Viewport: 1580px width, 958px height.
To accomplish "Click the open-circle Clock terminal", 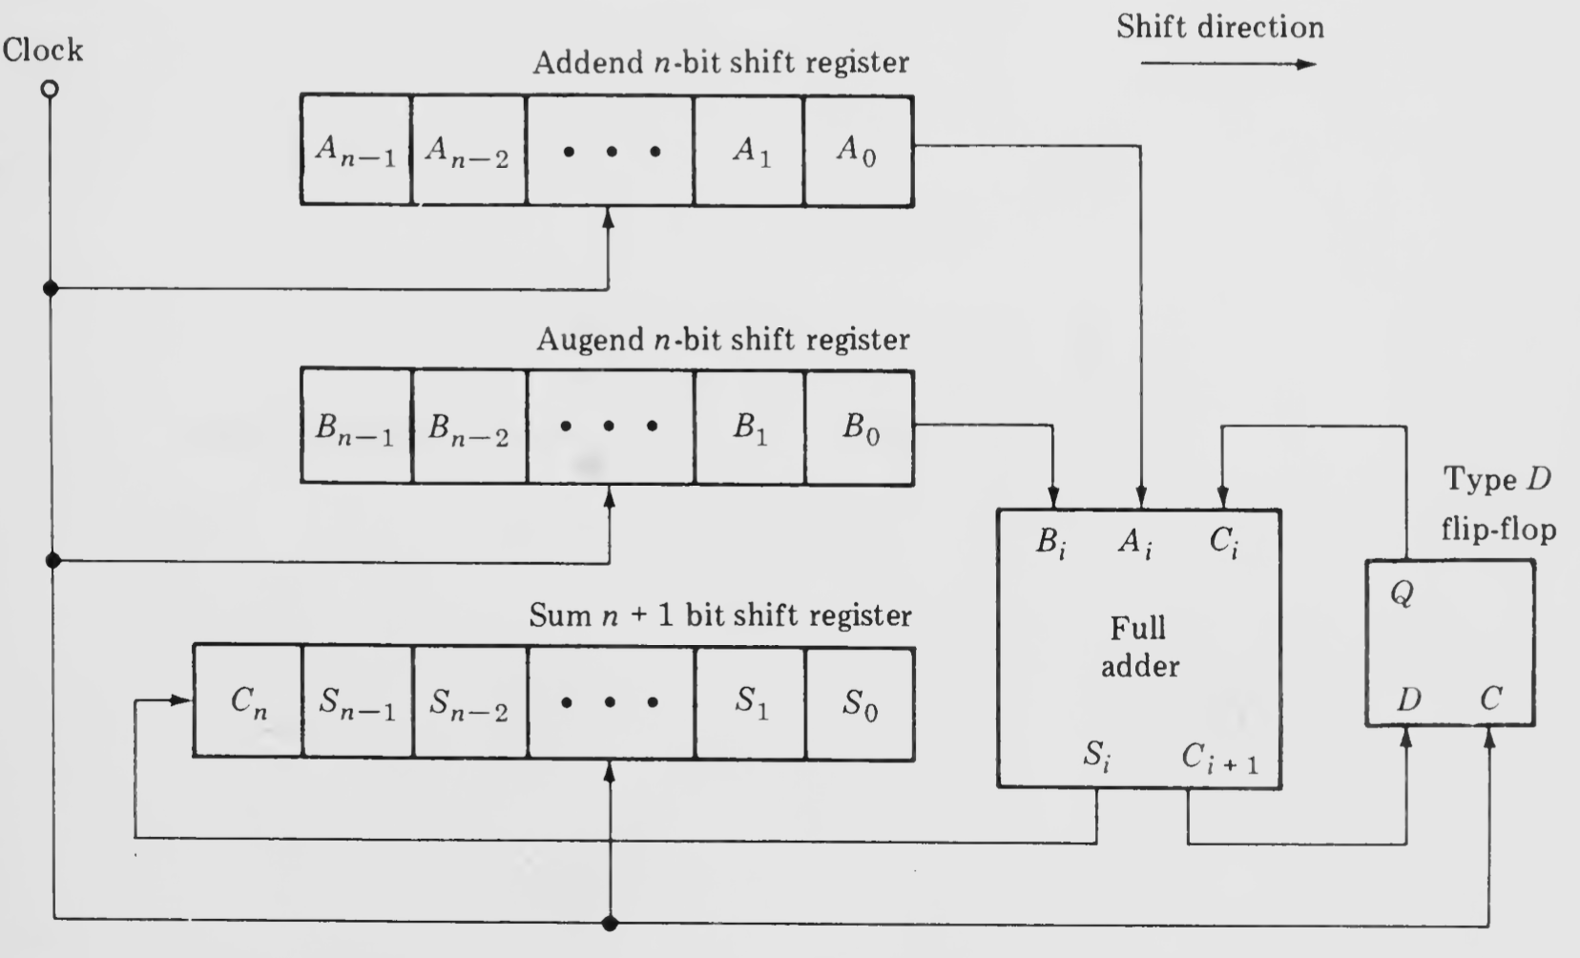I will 50,89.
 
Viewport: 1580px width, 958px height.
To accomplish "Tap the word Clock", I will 43,50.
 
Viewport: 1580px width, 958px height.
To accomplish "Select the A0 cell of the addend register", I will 858,151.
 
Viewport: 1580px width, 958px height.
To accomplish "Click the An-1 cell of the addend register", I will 355,151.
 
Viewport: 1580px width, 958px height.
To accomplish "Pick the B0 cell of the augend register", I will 860,427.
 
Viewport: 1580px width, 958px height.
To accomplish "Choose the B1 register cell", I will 750,427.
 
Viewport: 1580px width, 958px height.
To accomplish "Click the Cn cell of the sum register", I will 248,703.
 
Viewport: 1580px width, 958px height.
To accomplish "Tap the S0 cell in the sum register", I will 860,703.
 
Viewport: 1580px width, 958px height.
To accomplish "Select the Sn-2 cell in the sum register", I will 468,703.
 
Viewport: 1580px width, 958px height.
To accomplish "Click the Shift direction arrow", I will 1228,65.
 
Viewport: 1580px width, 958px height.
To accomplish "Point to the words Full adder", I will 1138,647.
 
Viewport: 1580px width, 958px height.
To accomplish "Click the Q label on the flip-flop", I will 1401,594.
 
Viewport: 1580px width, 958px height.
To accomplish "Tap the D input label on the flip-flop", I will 1408,700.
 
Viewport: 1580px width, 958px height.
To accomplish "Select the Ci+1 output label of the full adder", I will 1218,759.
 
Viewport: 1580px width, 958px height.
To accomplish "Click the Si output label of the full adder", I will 1096,757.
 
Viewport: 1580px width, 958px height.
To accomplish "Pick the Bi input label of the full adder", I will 1050,543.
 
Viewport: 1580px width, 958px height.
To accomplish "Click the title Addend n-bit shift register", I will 720,63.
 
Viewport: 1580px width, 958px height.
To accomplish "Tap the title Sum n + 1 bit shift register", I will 720,616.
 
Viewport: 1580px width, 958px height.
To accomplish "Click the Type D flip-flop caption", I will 1498,504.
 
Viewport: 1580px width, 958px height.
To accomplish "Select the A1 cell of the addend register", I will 750,151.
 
